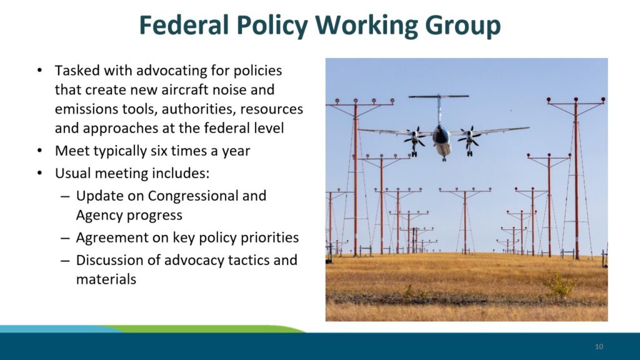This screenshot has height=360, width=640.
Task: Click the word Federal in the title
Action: coord(184,25)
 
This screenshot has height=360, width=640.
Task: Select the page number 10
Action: coord(599,346)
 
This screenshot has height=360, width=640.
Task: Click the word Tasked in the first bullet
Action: coord(77,70)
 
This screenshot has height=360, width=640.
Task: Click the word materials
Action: coord(106,279)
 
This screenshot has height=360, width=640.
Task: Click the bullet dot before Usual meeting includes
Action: coord(39,173)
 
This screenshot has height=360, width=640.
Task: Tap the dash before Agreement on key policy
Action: coord(65,238)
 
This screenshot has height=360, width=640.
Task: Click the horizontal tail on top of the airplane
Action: coord(439,96)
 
